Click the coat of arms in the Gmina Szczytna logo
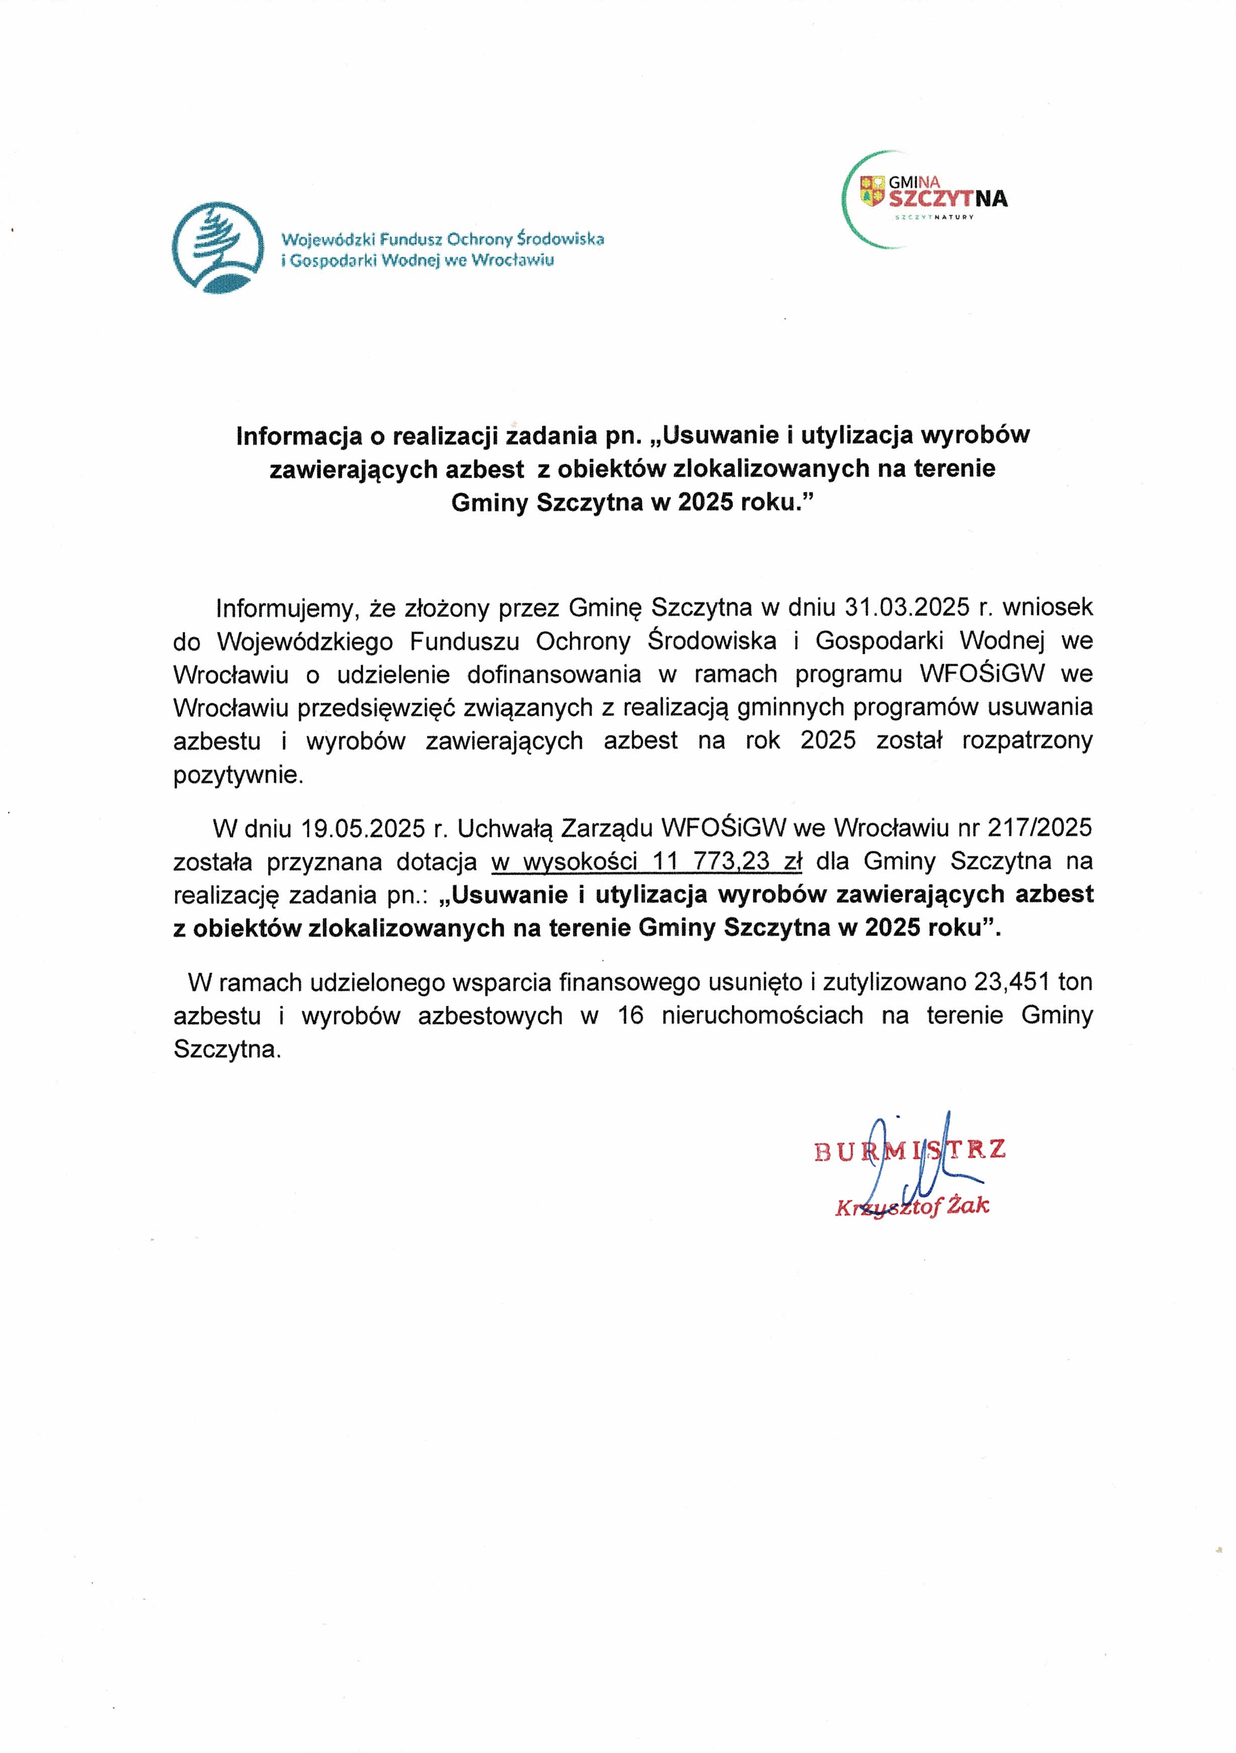872,191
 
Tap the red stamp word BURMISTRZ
909,1150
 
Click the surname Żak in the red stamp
967,1207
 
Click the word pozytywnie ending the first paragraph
238,776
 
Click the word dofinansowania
553,674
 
